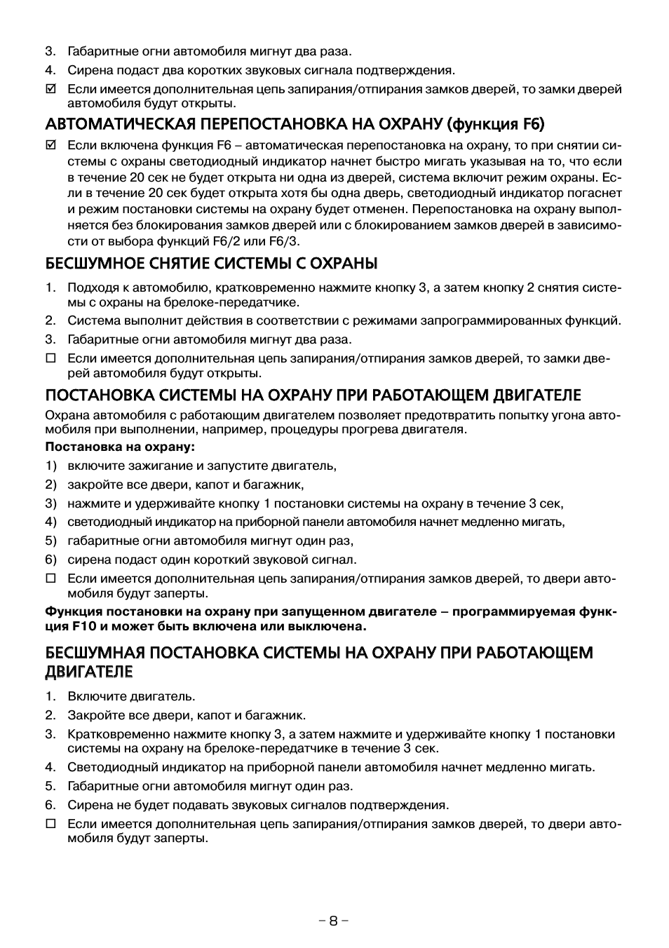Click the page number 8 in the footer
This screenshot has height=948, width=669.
click(x=334, y=921)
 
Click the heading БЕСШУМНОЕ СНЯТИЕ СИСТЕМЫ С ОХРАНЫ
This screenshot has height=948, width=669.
click(x=211, y=264)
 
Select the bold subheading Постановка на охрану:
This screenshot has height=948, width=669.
click(x=120, y=447)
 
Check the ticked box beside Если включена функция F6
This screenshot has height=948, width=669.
click(x=50, y=146)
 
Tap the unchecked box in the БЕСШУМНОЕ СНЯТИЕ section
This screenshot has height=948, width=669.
click(x=50, y=358)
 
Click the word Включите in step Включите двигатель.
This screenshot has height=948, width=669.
click(x=91, y=696)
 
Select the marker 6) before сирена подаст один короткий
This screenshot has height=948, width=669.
click(x=50, y=560)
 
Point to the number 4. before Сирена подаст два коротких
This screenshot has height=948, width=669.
click(x=50, y=70)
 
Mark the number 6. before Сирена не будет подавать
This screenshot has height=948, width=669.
click(x=50, y=805)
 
